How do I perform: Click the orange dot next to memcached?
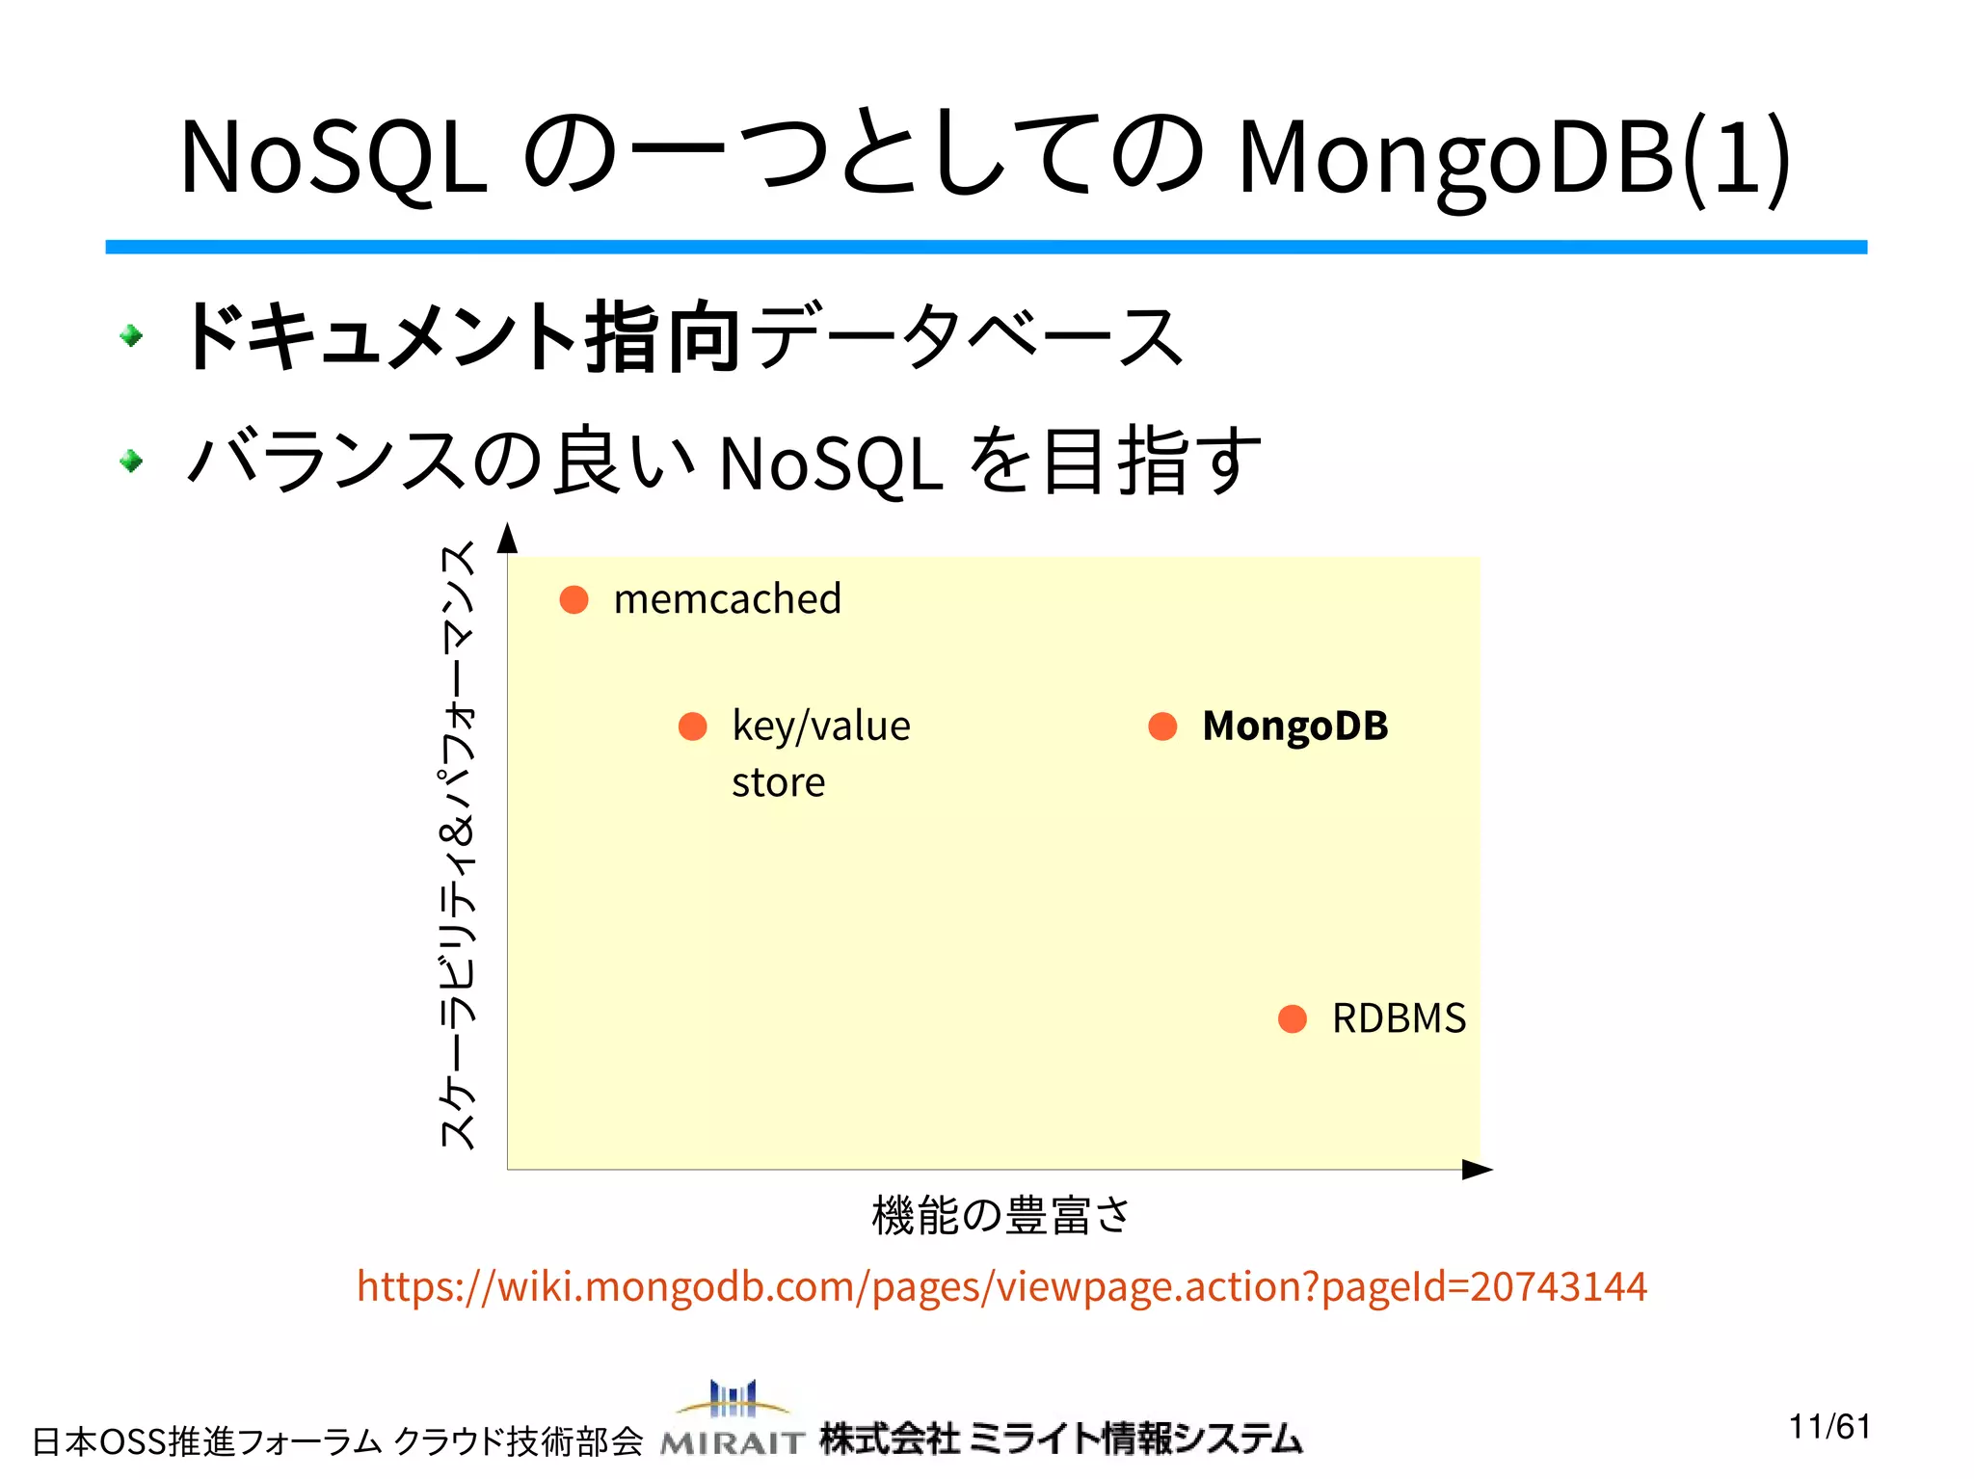[574, 599]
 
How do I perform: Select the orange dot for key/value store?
[693, 726]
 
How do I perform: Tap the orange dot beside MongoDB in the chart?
[1162, 726]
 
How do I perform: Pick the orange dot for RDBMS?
[1292, 1018]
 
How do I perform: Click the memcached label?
[728, 599]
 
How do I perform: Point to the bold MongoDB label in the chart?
[1294, 726]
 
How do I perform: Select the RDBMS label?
[1399, 1018]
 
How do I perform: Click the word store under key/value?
[778, 782]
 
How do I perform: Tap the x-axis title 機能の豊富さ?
[1000, 1215]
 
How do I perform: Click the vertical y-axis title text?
[458, 845]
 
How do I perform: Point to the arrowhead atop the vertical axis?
[508, 540]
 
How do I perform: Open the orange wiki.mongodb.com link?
[1001, 1286]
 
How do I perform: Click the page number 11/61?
[1829, 1426]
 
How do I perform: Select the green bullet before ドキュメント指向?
[132, 335]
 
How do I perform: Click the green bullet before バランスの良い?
[132, 462]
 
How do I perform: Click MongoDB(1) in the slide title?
[1514, 157]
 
